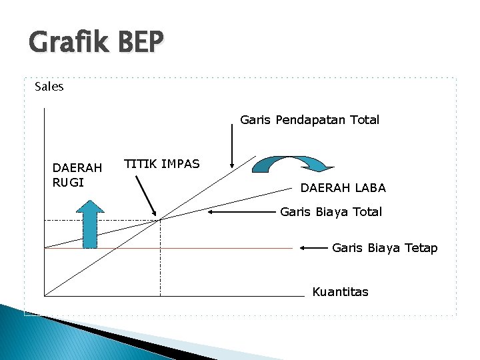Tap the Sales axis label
[49, 87]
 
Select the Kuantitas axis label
[340, 292]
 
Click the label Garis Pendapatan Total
[309, 120]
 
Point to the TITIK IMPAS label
[162, 164]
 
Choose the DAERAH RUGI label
[77, 175]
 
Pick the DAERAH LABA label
[343, 188]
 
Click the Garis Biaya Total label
[331, 212]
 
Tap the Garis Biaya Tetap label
[385, 248]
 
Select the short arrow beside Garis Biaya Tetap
[313, 248]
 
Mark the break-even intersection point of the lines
[160, 219]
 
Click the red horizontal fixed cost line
[200, 248]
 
